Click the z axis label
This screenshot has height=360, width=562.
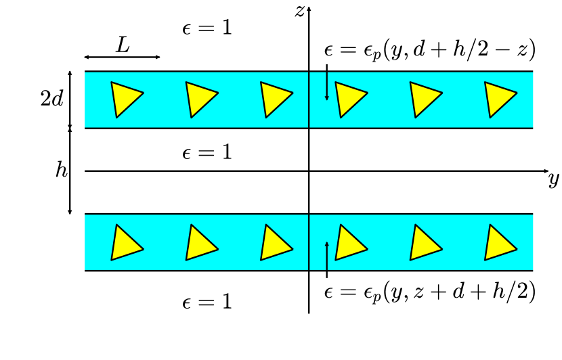point(299,12)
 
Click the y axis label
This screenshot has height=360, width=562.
point(553,179)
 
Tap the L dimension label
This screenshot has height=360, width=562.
point(123,45)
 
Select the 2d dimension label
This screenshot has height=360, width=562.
point(52,99)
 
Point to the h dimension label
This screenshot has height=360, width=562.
point(62,170)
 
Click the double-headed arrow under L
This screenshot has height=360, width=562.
point(123,57)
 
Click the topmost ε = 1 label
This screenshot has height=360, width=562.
point(207,28)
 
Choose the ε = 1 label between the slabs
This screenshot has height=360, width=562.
point(207,152)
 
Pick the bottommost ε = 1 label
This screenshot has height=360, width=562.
point(207,302)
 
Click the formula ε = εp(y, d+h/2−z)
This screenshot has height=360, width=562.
point(431,49)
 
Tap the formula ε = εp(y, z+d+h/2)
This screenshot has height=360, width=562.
point(431,292)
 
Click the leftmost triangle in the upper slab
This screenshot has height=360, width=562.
point(125,99)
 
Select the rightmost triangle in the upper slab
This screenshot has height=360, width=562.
point(499,99)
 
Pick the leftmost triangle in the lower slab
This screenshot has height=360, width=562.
point(125,243)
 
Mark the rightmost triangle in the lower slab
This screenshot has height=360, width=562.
point(499,243)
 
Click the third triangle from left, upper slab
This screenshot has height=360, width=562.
point(275,99)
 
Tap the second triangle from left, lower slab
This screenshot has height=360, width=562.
point(200,243)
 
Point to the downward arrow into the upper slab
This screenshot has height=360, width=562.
point(327,83)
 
